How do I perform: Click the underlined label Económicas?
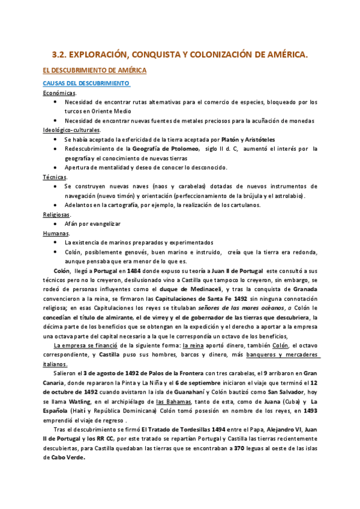click(x=59, y=93)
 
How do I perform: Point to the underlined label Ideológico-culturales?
click(x=72, y=130)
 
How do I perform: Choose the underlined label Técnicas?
click(x=55, y=177)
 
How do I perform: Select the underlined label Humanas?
click(x=56, y=233)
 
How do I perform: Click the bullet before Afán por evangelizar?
click(x=55, y=224)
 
